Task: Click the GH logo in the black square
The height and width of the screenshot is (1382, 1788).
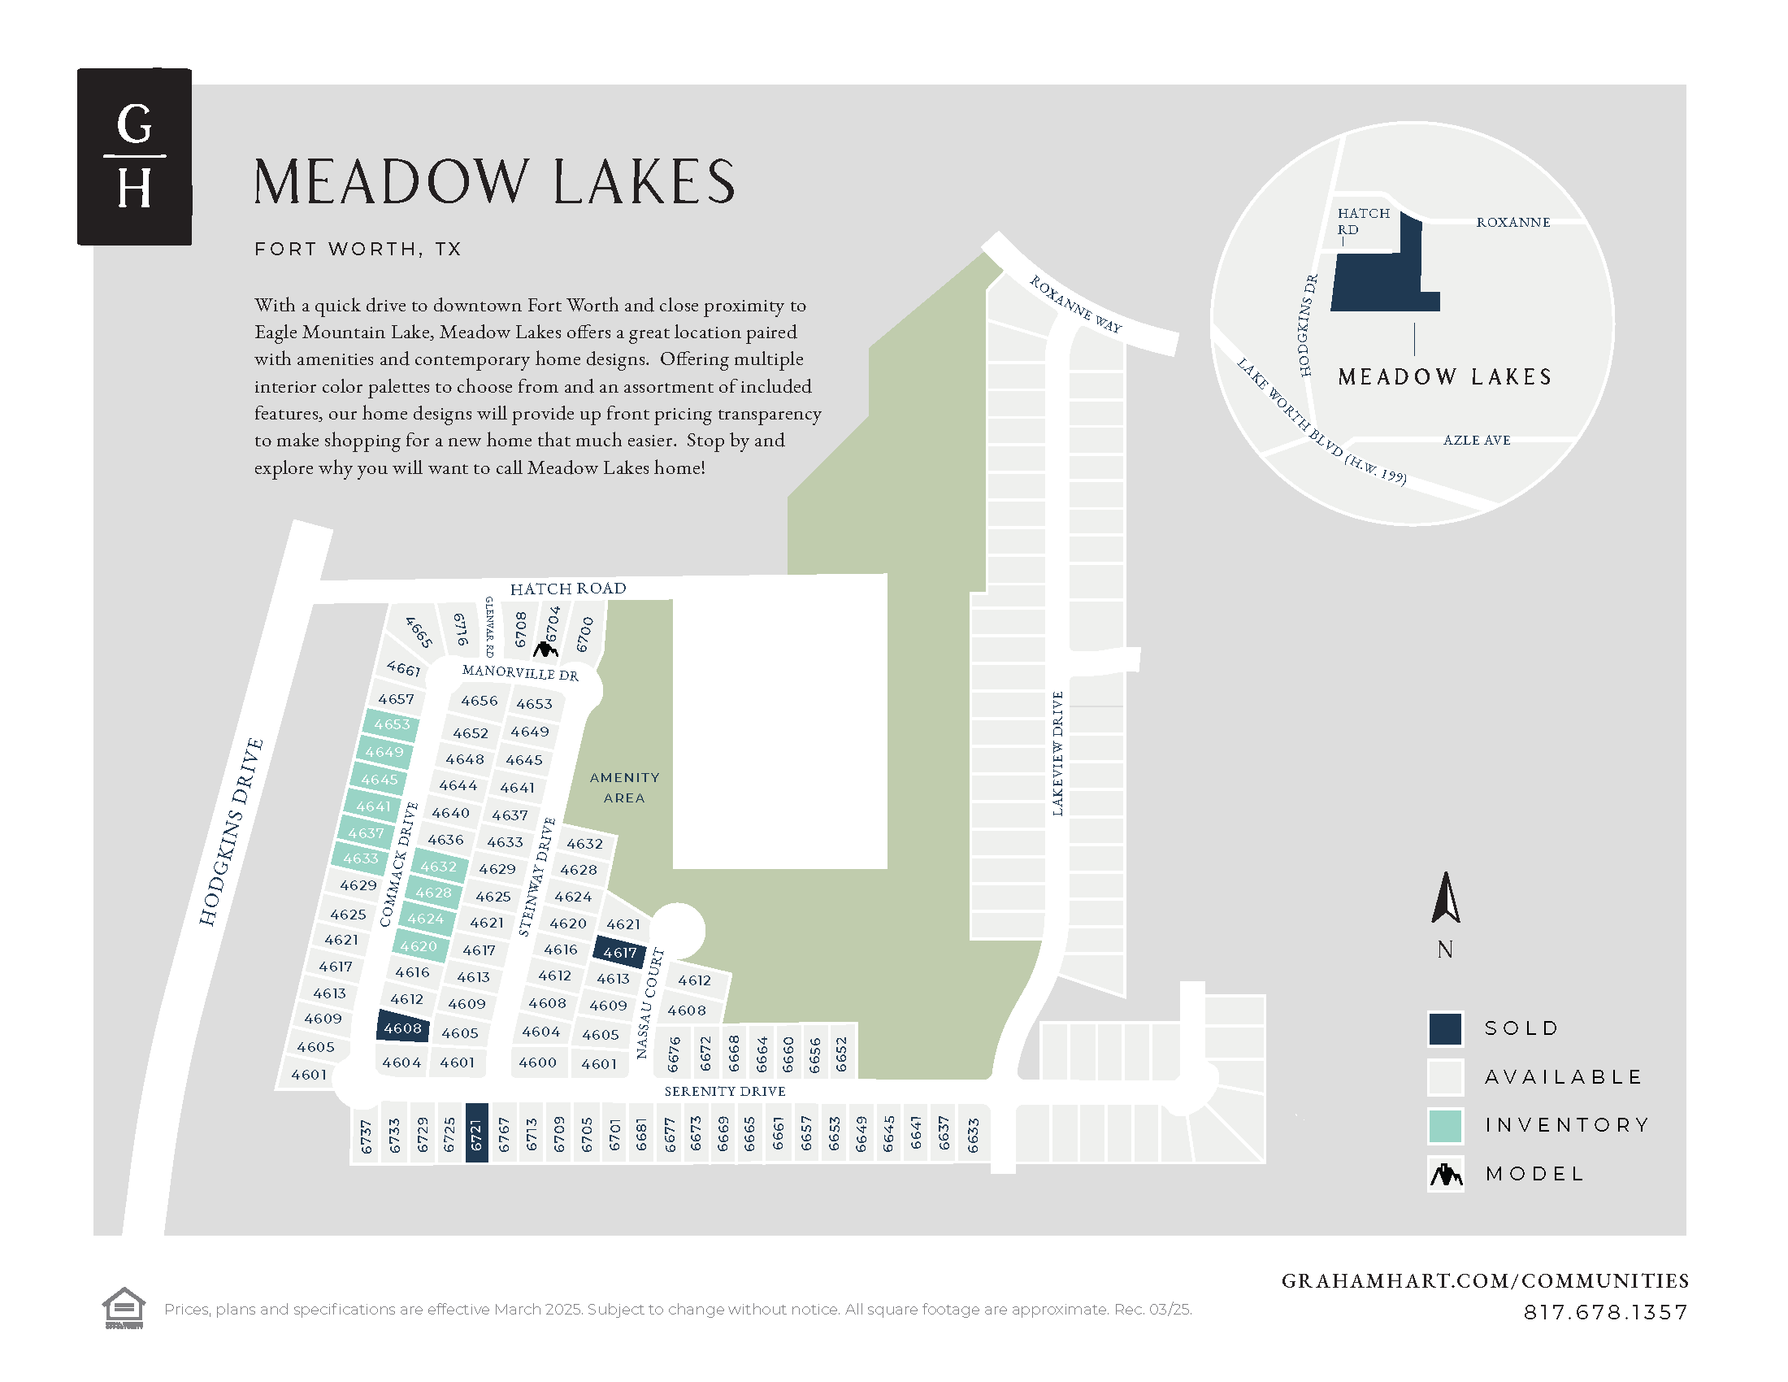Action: point(134,156)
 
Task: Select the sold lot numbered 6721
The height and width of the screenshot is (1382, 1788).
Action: point(476,1132)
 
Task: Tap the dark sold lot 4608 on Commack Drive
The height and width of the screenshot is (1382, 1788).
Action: point(403,1028)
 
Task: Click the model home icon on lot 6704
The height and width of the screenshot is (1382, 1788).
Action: point(545,650)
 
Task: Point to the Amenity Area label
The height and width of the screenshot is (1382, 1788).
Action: point(624,787)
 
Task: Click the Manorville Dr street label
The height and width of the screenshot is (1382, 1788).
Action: point(520,672)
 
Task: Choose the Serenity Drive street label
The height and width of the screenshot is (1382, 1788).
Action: point(724,1090)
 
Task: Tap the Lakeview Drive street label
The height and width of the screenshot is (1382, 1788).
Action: point(1057,754)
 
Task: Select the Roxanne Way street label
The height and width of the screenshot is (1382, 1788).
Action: point(1075,304)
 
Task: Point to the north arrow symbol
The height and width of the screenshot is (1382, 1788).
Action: point(1446,898)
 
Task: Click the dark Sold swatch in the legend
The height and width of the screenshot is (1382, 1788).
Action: point(1445,1028)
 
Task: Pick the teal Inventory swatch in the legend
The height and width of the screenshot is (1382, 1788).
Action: point(1445,1125)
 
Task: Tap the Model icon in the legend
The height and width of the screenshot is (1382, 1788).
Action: point(1446,1174)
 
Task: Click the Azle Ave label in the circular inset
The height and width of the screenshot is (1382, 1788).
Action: point(1476,440)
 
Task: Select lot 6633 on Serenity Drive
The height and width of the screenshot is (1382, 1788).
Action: point(973,1135)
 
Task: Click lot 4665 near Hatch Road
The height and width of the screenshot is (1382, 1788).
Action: point(419,632)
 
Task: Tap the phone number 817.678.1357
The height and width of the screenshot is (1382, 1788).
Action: point(1604,1311)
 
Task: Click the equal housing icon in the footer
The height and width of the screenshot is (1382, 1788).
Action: point(124,1307)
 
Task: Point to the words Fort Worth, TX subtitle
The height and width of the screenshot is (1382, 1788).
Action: point(358,249)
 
